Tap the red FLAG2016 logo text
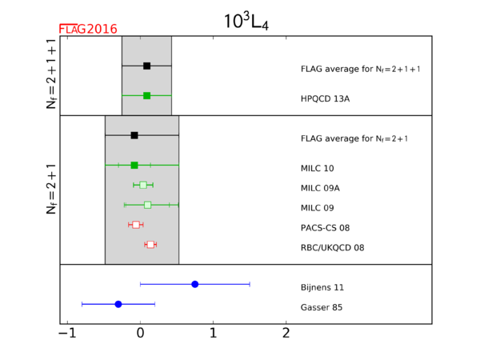(88, 29)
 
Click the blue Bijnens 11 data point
(195, 284)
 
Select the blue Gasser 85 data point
(118, 304)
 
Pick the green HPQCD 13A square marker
(146, 95)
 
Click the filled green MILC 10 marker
(134, 165)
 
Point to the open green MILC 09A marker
(143, 185)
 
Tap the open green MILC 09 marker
(147, 205)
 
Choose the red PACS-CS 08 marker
(136, 225)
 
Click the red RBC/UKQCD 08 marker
(150, 244)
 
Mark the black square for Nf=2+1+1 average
(146, 66)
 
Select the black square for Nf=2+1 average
(134, 135)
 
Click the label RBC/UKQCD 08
(332, 248)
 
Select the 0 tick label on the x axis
(141, 334)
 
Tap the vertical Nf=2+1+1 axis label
(52, 76)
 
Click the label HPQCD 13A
(325, 98)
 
